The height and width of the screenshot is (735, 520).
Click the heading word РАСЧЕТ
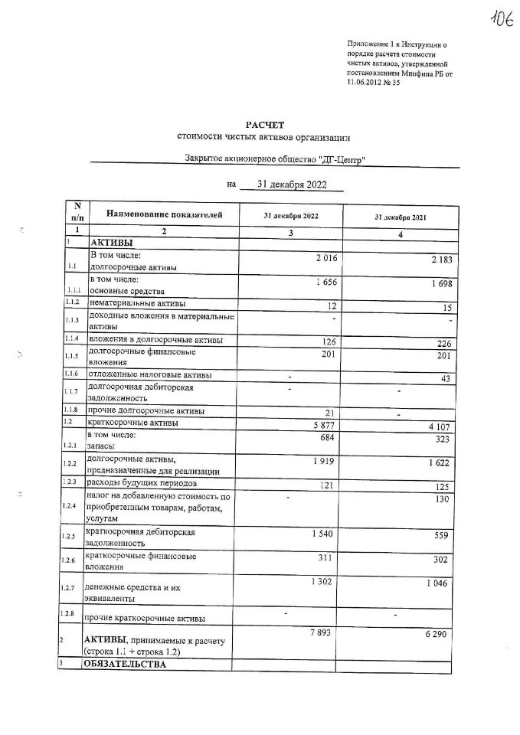click(264, 124)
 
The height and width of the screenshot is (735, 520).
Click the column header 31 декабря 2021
click(400, 217)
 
